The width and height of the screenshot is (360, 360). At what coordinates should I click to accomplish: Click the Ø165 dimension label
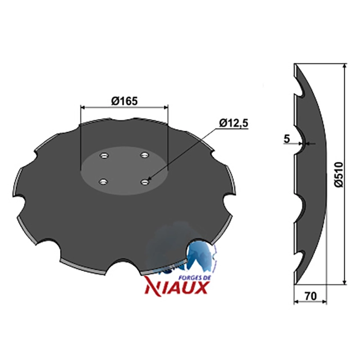click(x=125, y=101)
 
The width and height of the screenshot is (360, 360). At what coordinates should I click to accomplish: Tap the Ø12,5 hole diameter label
click(x=234, y=123)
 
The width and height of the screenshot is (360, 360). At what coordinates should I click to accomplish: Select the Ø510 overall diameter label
click(x=338, y=175)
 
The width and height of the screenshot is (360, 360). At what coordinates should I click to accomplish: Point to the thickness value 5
click(x=287, y=139)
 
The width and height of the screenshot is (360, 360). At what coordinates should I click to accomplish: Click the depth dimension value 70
click(x=311, y=296)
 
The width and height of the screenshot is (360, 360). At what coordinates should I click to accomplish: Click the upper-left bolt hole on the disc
click(x=104, y=156)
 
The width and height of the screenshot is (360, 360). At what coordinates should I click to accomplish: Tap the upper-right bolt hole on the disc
click(x=144, y=155)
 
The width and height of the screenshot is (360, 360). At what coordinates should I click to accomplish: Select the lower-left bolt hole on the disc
click(x=103, y=182)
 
